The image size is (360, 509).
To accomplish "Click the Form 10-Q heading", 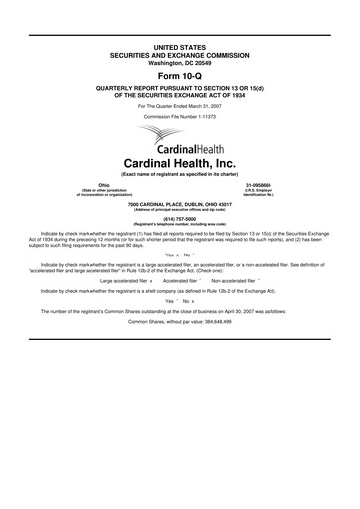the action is coord(179,74).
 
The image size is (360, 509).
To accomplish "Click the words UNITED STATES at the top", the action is coord(179,47).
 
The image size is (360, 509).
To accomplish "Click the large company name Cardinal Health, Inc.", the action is coord(179,161).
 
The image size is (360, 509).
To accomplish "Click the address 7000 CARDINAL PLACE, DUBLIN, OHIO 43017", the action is coord(179,205).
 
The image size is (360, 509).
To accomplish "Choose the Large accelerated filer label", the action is coord(124,281).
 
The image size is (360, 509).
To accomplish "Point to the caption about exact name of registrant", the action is coord(179,174).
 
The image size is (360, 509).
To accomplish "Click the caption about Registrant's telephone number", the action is coord(179,228).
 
